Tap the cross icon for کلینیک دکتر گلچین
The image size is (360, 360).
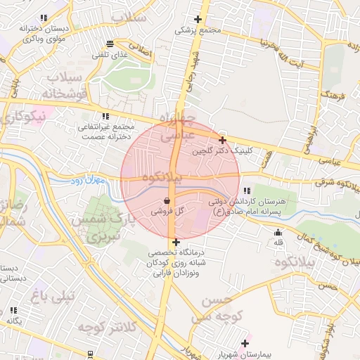pos(223,141)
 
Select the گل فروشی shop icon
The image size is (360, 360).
pos(166,200)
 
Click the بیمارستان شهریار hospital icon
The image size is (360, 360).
pos(245,343)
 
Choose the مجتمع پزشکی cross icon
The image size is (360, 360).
pos(198,20)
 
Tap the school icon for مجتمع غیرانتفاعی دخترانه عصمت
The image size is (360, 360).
pos(105,116)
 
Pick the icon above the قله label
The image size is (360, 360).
pos(278,233)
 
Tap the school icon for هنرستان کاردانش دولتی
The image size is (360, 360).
pos(246,191)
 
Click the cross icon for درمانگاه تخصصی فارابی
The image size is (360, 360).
pos(175,243)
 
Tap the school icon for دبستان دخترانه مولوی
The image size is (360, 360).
pos(44,18)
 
